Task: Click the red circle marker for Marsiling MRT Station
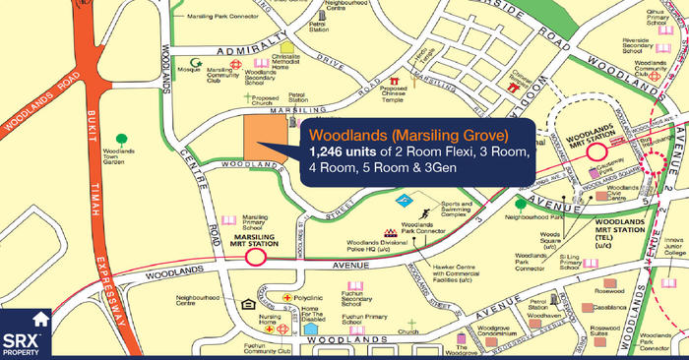pos(256,258)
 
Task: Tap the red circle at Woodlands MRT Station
pos(596,152)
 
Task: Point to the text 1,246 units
pos(345,152)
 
